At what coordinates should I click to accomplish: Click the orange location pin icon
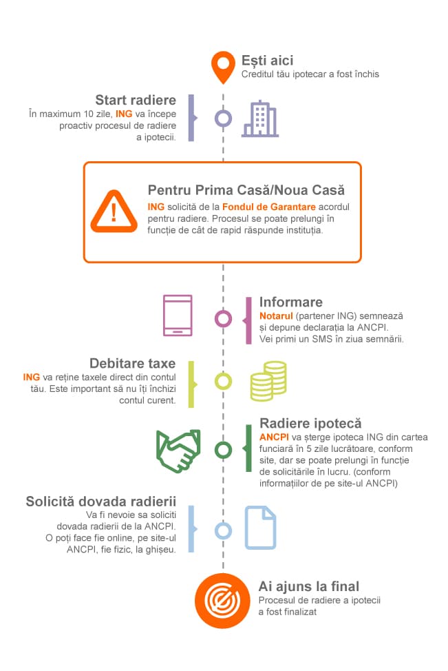tap(222, 65)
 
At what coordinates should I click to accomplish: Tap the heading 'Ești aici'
tap(267, 61)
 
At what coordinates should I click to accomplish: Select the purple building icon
tap(260, 118)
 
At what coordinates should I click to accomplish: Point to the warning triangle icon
tap(114, 212)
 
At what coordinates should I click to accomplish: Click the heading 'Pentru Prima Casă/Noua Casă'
tap(246, 190)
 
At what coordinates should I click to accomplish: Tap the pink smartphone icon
tap(178, 316)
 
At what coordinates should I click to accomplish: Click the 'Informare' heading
tap(290, 302)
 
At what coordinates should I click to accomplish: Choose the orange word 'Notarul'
tap(275, 315)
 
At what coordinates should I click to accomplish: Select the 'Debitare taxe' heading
tap(132, 363)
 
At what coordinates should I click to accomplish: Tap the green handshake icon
tap(178, 449)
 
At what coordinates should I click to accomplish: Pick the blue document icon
tap(261, 527)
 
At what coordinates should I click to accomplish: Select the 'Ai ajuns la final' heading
tap(309, 586)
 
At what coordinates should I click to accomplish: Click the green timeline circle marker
tap(223, 450)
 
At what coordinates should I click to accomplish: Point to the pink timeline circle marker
tap(223, 318)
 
